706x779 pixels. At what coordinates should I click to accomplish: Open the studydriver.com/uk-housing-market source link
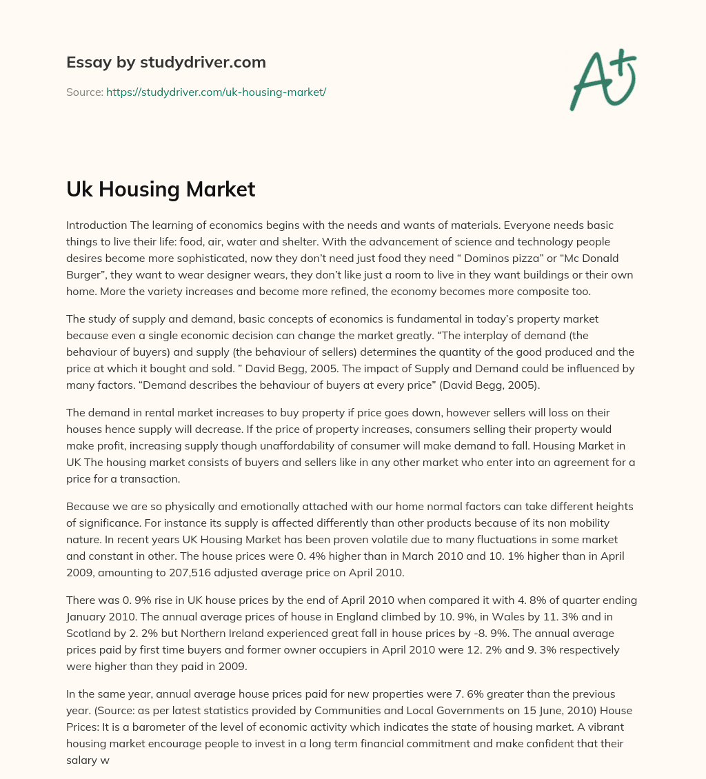tap(216, 92)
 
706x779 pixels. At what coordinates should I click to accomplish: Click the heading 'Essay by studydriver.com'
tap(166, 62)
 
